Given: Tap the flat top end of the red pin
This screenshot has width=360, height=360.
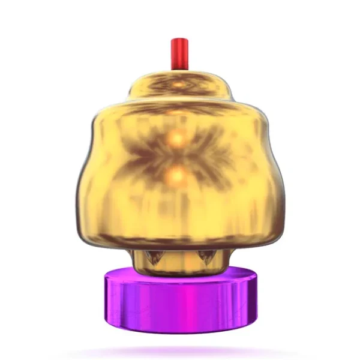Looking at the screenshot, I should click(x=179, y=40).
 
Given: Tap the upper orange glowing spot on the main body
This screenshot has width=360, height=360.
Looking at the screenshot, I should click(x=178, y=138).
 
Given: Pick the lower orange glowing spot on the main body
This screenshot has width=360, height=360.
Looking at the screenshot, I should click(x=178, y=176).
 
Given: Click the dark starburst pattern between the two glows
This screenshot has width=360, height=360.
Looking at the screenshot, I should click(x=178, y=157).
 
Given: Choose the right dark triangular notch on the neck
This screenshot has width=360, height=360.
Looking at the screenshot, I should click(x=206, y=258).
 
